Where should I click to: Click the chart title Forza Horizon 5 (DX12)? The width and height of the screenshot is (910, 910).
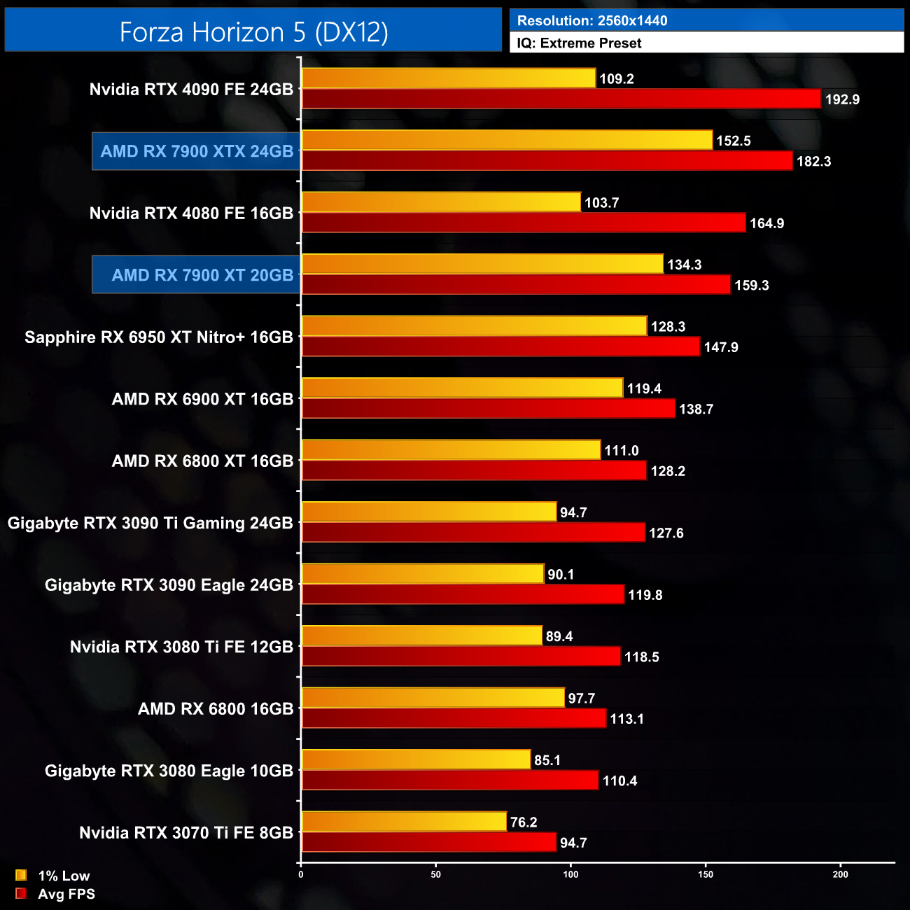(x=253, y=32)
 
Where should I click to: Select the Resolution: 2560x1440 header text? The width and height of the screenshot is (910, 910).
(x=591, y=21)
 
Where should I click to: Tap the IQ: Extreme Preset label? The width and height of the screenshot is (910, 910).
(x=579, y=43)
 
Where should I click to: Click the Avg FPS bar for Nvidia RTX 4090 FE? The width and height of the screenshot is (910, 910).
(x=560, y=99)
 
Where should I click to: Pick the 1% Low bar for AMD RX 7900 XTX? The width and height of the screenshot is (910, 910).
(x=507, y=140)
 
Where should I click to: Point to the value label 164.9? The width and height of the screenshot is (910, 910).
(x=766, y=223)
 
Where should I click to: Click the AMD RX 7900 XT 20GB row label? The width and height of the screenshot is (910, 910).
(x=202, y=275)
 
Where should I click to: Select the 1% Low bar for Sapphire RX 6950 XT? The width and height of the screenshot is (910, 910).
(x=474, y=326)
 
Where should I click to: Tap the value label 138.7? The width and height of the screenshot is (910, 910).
(x=696, y=409)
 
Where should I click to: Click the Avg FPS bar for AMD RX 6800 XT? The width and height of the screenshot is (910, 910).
(x=474, y=470)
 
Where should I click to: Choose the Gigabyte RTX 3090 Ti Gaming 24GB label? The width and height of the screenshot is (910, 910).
(x=150, y=523)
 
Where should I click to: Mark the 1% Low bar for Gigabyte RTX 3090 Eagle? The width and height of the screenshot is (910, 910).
(x=422, y=574)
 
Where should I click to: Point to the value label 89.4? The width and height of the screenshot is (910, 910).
(x=559, y=636)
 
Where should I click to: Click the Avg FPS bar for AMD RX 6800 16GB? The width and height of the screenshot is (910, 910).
(x=454, y=718)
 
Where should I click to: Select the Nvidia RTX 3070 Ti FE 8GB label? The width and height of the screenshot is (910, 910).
(x=185, y=833)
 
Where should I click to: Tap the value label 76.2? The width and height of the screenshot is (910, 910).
(x=524, y=822)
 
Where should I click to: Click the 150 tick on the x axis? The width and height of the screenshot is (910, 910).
(x=706, y=874)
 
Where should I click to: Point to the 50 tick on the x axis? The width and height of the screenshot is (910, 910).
(x=436, y=874)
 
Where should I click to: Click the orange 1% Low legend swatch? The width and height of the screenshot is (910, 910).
(x=21, y=875)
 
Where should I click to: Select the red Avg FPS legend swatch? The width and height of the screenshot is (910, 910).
(x=21, y=893)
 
